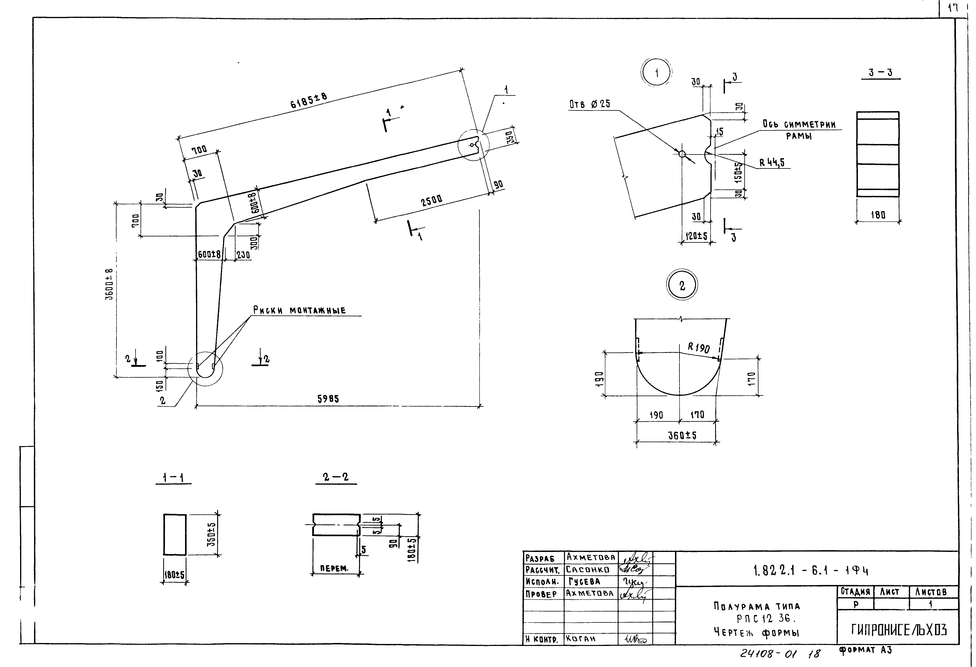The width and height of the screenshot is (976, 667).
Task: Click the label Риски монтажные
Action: [x=299, y=310]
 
